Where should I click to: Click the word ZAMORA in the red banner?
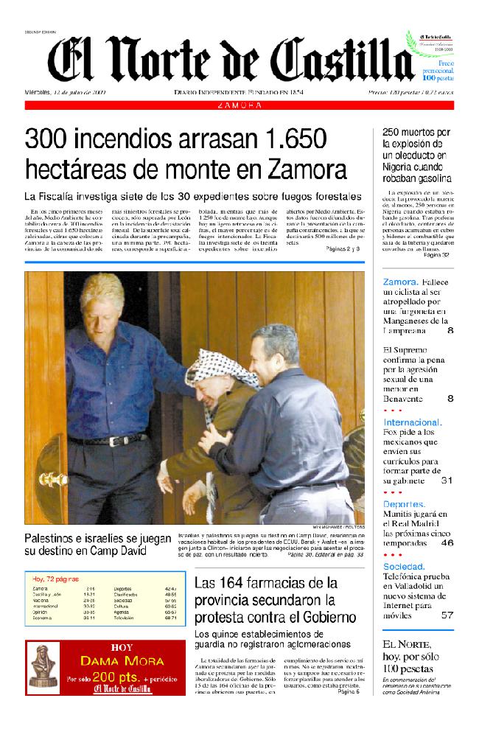(240, 105)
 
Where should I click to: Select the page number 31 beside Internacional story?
(446, 481)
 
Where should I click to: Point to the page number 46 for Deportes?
(447, 542)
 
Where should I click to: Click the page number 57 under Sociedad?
(447, 615)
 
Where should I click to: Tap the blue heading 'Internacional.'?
(413, 422)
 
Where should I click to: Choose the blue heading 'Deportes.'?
(405, 503)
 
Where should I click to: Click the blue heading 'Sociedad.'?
(404, 566)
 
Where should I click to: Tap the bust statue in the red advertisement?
(43, 667)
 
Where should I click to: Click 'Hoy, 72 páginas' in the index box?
(56, 578)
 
